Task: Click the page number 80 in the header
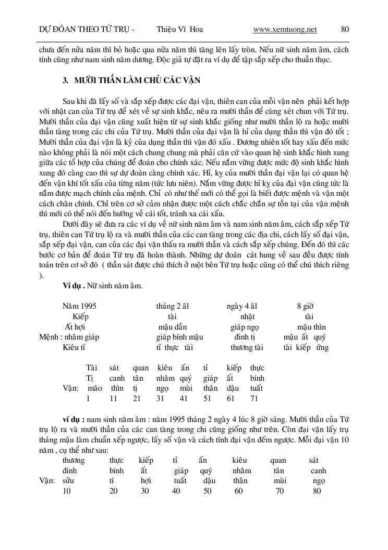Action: pyautogui.click(x=345, y=29)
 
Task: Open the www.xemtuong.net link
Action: pyautogui.click(x=285, y=29)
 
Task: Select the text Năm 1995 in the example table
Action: pyautogui.click(x=79, y=306)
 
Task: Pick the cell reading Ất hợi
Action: pyautogui.click(x=76, y=327)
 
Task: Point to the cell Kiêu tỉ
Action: pyautogui.click(x=74, y=347)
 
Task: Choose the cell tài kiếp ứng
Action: pyautogui.click(x=306, y=347)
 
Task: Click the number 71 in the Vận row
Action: pyautogui.click(x=254, y=399)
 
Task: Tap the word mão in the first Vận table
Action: pyautogui.click(x=95, y=388)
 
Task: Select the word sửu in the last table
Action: pyautogui.click(x=68, y=481)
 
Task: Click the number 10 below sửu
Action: pyautogui.click(x=67, y=491)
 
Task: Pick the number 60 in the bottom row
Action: pyautogui.click(x=239, y=491)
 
